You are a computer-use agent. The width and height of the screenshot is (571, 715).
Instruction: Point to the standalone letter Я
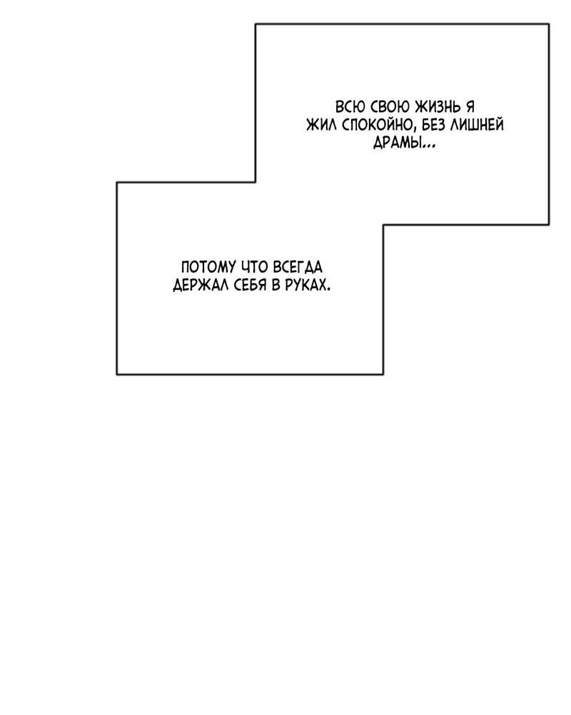click(x=470, y=106)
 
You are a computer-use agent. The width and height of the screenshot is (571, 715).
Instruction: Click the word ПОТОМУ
click(x=208, y=267)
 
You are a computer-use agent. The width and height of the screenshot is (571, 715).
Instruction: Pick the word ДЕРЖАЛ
click(x=201, y=285)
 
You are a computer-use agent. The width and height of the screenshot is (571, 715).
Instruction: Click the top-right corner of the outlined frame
click(x=549, y=24)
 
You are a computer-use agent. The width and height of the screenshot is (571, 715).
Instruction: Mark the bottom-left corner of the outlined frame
click(x=117, y=373)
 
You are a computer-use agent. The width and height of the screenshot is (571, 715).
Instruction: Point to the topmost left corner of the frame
click(x=256, y=24)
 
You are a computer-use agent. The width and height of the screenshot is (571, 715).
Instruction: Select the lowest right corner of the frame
click(x=383, y=373)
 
